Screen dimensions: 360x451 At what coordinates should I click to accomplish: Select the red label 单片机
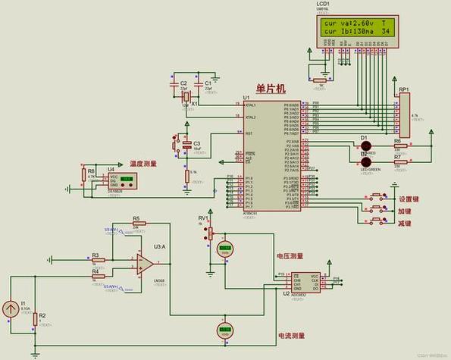tap(271, 89)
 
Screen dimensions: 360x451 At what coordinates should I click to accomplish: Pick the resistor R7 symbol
tap(397, 161)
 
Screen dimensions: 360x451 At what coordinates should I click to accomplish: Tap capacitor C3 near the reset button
tap(186, 143)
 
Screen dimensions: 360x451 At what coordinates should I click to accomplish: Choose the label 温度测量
tap(143, 163)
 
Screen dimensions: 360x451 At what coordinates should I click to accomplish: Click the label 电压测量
tap(290, 256)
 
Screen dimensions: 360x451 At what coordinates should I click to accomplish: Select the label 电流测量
tap(291, 335)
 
